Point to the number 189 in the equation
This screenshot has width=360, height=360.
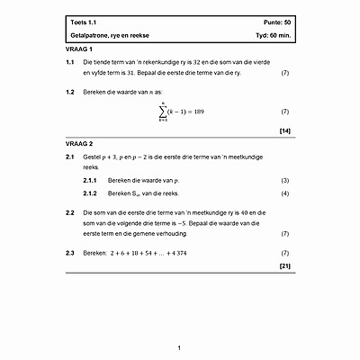202,112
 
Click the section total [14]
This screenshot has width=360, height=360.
284,131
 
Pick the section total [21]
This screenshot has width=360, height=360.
284,266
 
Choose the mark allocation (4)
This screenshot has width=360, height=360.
284,193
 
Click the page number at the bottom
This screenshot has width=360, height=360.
180,347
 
